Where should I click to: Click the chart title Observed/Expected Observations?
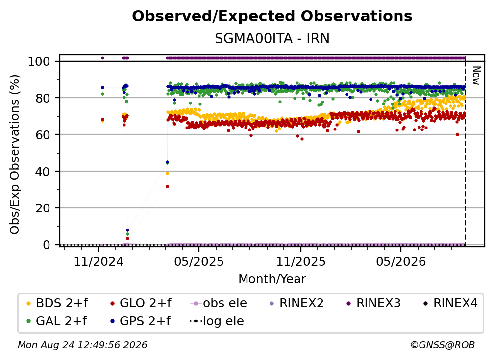pos(272,16)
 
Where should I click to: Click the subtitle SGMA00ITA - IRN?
pos(272,38)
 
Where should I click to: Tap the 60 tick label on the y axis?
pos(43,134)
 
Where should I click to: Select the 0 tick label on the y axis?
pos(47,245)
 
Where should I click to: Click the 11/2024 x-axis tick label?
pos(99,261)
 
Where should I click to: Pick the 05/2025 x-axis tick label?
pos(199,261)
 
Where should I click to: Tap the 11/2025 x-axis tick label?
pos(301,261)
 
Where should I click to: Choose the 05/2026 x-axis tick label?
pos(401,261)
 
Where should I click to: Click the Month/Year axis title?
pos(272,279)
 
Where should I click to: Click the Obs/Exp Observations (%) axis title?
pos(15,154)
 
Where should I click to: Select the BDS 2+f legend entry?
pos(57,303)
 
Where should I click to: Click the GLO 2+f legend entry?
pos(141,303)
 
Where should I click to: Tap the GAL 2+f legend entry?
pos(56,321)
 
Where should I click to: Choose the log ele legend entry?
pos(217,321)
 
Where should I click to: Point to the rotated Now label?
pos(476,76)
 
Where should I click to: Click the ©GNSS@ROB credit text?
pos(443,345)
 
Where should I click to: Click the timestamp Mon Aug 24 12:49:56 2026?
pos(82,345)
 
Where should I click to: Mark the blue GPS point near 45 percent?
pos(167,162)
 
